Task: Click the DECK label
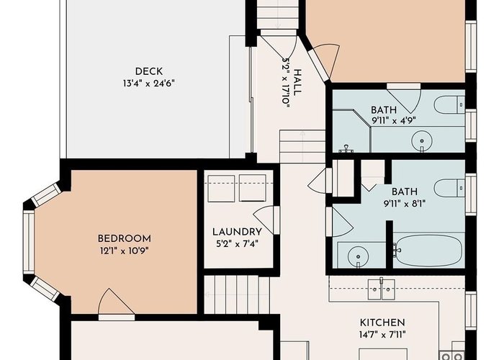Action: pyautogui.click(x=148, y=71)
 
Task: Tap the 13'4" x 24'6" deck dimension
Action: pyautogui.click(x=148, y=84)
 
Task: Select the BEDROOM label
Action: pyautogui.click(x=125, y=239)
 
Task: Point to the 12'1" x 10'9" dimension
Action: pyautogui.click(x=125, y=251)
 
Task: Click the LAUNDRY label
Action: pyautogui.click(x=237, y=232)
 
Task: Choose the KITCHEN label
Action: pyautogui.click(x=382, y=323)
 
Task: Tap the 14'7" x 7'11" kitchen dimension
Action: pyautogui.click(x=382, y=335)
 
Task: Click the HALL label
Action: pyautogui.click(x=297, y=82)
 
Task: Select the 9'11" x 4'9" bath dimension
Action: pyautogui.click(x=394, y=121)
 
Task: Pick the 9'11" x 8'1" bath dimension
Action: pyautogui.click(x=405, y=204)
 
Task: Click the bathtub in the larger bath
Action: pyautogui.click(x=428, y=251)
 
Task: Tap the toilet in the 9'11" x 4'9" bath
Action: pyautogui.click(x=449, y=104)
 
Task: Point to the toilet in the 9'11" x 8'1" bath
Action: pyautogui.click(x=449, y=188)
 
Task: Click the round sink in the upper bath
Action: pyautogui.click(x=422, y=140)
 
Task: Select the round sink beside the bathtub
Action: pyautogui.click(x=358, y=256)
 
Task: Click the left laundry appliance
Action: pyautogui.click(x=221, y=189)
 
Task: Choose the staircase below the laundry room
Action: pyautogui.click(x=237, y=294)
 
